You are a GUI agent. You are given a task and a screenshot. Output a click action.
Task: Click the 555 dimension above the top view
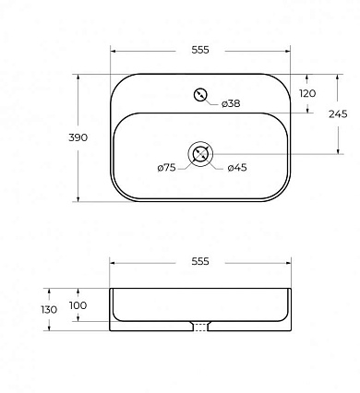tap(200, 50)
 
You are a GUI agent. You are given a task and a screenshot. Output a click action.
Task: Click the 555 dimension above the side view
tap(200, 261)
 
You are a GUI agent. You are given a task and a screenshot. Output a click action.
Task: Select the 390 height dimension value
tap(78, 137)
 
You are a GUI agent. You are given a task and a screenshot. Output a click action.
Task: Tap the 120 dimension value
tap(307, 93)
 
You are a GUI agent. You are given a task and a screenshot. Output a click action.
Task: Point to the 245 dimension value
tap(338, 114)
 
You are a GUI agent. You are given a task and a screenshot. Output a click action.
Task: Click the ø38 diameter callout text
tap(231, 103)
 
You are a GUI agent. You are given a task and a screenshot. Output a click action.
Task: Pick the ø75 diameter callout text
tap(166, 168)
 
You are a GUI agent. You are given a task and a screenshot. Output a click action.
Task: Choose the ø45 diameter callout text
tap(237, 168)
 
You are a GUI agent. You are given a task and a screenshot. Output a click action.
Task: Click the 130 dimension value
tap(49, 310)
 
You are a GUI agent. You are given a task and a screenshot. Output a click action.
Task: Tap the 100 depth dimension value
tap(78, 305)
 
